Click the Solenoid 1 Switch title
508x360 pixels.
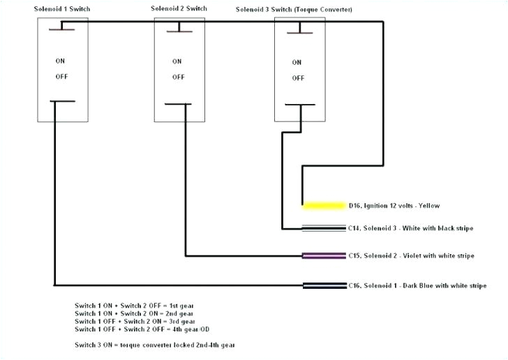point(62,8)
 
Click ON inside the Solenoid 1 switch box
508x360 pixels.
point(61,61)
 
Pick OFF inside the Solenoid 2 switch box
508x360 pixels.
point(178,77)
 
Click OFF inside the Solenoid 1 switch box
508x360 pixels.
point(61,76)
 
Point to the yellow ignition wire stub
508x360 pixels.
point(324,206)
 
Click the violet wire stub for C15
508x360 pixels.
point(324,255)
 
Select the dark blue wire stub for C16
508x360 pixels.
point(324,285)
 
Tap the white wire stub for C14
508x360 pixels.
point(324,228)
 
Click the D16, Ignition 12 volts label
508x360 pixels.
point(394,206)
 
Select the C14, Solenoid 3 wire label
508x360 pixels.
point(410,228)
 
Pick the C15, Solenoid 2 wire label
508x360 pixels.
point(411,256)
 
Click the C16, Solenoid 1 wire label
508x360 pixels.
point(417,286)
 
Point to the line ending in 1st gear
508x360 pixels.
point(126,306)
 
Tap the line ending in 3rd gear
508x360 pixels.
point(126,321)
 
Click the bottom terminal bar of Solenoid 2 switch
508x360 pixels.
point(178,105)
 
